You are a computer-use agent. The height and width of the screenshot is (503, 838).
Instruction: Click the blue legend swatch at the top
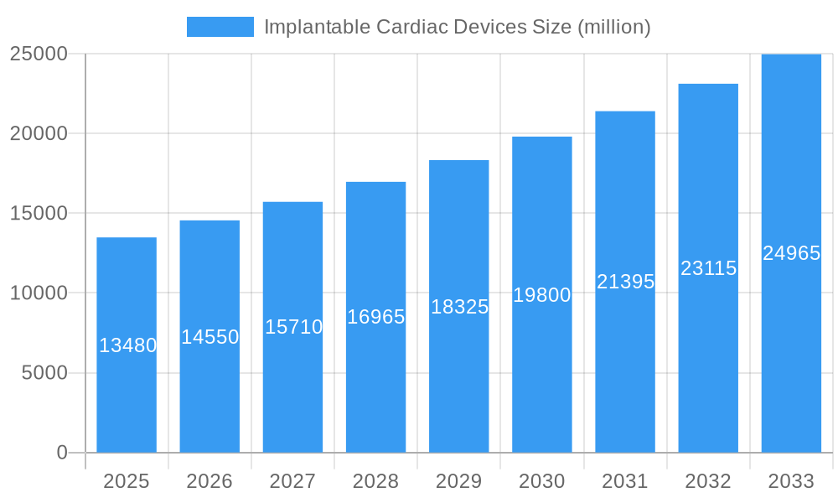point(220,27)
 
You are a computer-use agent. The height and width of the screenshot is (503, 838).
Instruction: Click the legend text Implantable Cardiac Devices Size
point(457,27)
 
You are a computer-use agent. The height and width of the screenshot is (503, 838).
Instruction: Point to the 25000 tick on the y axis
point(39,54)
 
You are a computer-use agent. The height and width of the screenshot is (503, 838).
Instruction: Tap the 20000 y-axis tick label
point(39,133)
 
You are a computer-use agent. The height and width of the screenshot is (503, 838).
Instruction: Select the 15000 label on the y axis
point(39,213)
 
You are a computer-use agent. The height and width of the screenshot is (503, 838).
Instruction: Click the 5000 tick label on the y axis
point(44,373)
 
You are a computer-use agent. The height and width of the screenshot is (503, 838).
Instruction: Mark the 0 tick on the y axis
point(62,453)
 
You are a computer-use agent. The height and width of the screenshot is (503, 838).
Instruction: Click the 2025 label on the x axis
point(127,481)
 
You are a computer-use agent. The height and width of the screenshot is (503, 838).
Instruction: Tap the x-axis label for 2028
point(375,481)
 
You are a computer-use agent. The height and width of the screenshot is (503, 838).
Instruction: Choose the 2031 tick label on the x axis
point(625,481)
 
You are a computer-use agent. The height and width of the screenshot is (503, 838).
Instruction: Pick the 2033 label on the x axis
point(791,481)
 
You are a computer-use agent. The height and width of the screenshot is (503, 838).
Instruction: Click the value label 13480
point(127,345)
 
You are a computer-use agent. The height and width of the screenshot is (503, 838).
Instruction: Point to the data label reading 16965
point(375,317)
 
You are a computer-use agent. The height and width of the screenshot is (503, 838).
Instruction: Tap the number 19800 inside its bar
point(542,295)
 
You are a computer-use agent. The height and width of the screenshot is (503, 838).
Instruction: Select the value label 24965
point(791,253)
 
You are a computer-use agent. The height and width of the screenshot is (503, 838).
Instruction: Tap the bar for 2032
point(708,360)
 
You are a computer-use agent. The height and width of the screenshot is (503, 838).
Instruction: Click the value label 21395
point(625,282)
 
